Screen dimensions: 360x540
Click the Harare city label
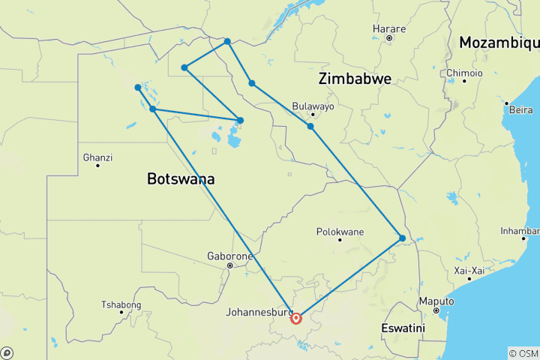388,29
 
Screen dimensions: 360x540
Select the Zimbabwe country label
355,79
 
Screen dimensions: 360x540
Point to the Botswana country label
181,179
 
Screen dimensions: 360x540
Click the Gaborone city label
229,256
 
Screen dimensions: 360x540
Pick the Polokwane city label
339,232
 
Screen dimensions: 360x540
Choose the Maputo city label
436,301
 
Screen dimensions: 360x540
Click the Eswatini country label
403,328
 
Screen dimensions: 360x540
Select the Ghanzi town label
97,157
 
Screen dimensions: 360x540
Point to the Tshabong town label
121,304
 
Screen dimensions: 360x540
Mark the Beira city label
520,109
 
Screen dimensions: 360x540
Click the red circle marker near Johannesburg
296,319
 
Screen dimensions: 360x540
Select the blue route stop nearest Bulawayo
310,126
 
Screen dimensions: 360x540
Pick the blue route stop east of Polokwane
403,238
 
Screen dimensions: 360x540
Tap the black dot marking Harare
388,37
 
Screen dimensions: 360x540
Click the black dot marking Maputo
436,310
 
